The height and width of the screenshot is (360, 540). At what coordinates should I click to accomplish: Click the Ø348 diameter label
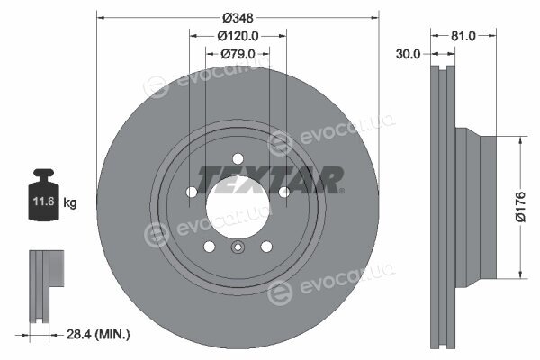coord(238,18)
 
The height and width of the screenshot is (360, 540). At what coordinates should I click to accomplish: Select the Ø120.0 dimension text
coord(238,36)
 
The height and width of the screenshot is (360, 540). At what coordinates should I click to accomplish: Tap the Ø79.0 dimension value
coord(238,54)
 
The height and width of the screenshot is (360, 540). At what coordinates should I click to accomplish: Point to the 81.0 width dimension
coord(463,35)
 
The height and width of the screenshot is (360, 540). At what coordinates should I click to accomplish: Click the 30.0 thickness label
coord(408,54)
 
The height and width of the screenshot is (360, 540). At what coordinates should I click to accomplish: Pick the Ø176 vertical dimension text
coord(520,207)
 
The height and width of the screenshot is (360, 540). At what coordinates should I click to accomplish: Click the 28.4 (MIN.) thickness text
coord(98,334)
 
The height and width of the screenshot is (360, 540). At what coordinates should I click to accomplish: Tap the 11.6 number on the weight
coord(43,202)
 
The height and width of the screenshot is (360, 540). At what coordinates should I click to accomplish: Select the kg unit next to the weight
coord(70,202)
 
